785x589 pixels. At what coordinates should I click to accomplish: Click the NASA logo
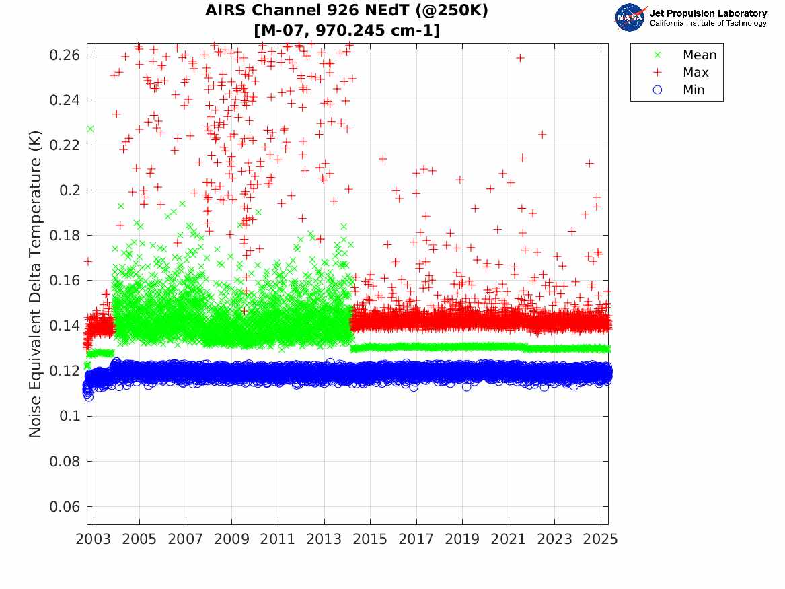coord(631,18)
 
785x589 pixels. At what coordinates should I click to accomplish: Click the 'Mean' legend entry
coord(700,55)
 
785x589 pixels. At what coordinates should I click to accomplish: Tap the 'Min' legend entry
coord(694,90)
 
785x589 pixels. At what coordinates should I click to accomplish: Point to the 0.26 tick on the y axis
coord(66,55)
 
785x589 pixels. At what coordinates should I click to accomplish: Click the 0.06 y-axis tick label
coord(66,507)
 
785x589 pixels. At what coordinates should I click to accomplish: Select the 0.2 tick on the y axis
coord(71,190)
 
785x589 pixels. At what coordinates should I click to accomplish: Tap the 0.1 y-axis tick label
coord(71,417)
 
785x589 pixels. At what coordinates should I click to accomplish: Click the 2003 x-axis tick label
coord(94,539)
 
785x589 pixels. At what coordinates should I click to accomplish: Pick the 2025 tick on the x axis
coord(601,539)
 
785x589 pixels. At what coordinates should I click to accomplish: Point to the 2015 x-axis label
coord(370,539)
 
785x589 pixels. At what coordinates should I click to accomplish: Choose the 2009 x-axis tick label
coord(232,539)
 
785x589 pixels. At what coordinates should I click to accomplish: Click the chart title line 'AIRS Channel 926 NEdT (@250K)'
coord(347,11)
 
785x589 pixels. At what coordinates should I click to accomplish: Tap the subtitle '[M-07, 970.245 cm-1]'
coord(347,30)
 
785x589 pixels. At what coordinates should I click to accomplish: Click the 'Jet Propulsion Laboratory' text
coord(708,13)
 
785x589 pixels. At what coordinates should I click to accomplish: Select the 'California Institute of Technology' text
coord(708,24)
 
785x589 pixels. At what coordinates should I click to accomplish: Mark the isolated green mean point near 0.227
coord(89,129)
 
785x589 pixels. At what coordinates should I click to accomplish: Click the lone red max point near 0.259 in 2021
coord(520,58)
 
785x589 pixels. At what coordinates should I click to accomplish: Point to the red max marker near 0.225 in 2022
coord(542,135)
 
